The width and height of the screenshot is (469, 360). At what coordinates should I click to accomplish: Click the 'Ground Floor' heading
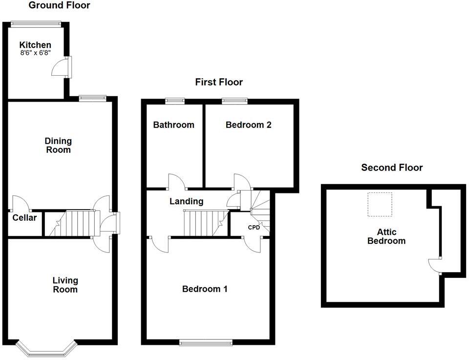pos(59,5)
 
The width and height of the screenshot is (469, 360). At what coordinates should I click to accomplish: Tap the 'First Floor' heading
pos(219,82)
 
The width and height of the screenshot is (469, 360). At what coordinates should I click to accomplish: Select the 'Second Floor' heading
pos(392,168)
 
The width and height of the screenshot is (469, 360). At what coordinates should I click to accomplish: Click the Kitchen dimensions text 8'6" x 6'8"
pos(35,53)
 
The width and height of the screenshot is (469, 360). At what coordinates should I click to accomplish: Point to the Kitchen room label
pos(35,45)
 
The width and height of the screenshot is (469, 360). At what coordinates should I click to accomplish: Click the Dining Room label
pos(58,146)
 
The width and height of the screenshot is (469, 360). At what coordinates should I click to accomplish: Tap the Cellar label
pos(24,218)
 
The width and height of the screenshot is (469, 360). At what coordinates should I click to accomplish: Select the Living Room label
pos(65,285)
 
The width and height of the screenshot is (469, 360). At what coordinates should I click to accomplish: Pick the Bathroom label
pos(173,125)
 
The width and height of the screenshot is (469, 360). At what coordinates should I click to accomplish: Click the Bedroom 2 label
pos(248,125)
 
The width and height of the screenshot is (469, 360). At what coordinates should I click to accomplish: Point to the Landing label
pos(186,201)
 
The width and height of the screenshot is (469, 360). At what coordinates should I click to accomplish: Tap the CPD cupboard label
pos(254,228)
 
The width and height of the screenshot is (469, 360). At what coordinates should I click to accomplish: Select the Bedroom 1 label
pos(205,289)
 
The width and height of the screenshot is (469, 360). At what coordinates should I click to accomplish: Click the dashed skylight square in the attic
pos(380,205)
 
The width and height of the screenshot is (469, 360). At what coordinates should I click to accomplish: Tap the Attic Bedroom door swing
pos(434,264)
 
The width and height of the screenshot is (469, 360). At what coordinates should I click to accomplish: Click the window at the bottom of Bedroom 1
pos(205,343)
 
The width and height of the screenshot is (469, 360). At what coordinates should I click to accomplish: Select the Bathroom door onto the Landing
pos(176,182)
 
